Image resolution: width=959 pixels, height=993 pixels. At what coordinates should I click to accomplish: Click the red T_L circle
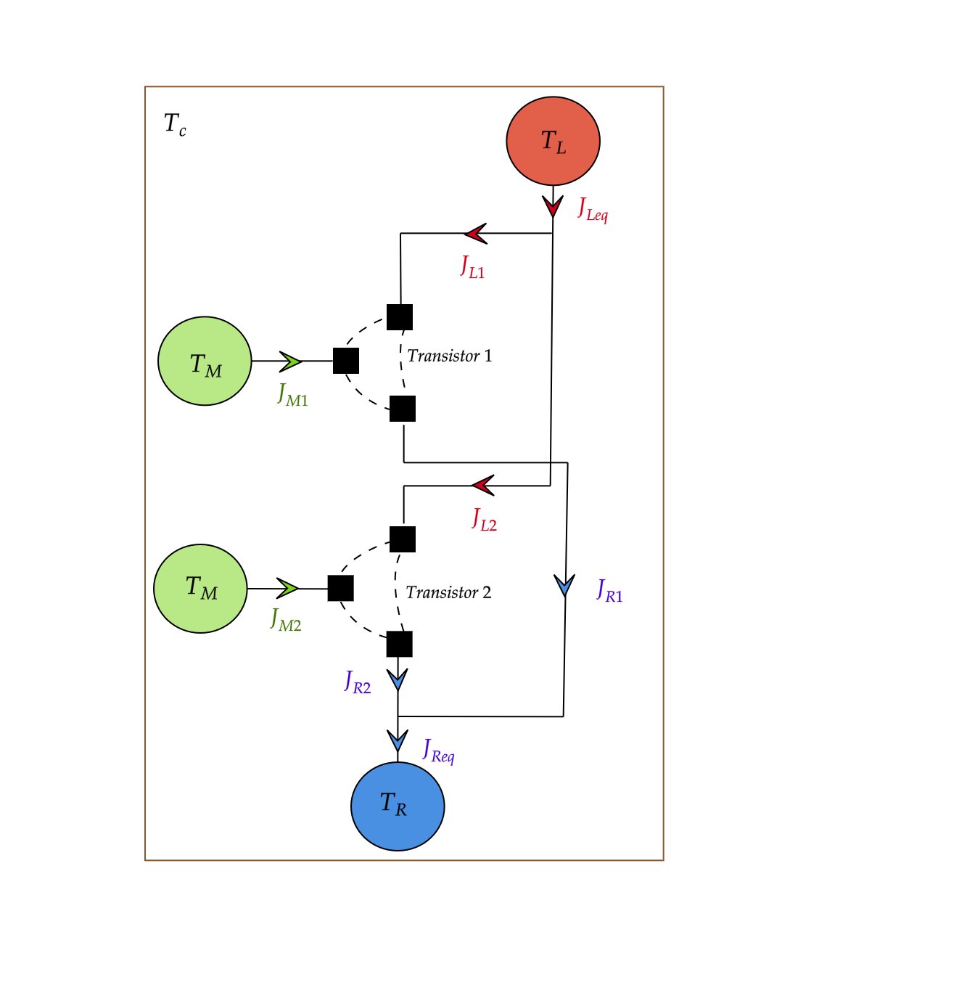(x=553, y=141)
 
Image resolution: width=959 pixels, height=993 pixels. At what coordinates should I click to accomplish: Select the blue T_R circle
(x=398, y=806)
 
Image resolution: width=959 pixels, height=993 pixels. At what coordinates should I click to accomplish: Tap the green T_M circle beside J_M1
(x=205, y=361)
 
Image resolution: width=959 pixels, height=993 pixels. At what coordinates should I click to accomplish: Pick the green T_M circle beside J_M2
(x=200, y=588)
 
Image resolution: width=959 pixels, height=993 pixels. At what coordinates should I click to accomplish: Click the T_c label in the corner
(x=175, y=125)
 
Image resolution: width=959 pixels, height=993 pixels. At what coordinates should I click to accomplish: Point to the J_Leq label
(x=593, y=211)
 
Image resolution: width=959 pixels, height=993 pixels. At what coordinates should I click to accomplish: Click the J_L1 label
(x=472, y=267)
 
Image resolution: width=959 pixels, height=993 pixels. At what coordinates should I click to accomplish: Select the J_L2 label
(x=484, y=520)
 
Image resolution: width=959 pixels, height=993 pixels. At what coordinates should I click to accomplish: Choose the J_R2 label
(x=358, y=682)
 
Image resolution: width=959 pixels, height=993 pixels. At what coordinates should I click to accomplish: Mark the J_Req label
(x=439, y=751)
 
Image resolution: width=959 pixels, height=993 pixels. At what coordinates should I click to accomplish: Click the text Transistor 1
(x=450, y=356)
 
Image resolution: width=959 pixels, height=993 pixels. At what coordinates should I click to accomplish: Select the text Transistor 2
(x=448, y=592)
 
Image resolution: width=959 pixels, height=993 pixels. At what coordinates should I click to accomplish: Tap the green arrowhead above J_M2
(x=288, y=588)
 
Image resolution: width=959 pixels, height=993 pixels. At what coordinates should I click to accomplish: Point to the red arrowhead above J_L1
(x=476, y=234)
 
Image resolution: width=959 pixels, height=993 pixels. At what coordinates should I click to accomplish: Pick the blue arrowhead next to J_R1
(x=564, y=585)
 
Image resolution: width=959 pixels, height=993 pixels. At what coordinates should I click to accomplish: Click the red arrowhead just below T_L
(x=553, y=206)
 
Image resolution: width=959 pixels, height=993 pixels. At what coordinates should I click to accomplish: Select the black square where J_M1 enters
(x=346, y=361)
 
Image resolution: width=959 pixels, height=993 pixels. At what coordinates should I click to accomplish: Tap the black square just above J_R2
(x=400, y=644)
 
